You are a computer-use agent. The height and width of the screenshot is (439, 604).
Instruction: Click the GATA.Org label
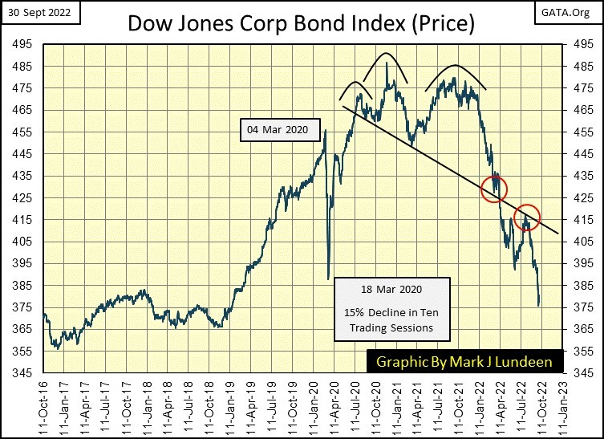(575, 12)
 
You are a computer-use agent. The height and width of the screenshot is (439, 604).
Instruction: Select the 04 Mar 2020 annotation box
(278, 129)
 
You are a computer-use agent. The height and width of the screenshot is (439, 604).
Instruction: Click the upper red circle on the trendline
(495, 189)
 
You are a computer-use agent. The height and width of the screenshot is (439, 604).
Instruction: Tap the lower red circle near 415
(527, 217)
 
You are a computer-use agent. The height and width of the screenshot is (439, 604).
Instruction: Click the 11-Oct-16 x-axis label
(46, 406)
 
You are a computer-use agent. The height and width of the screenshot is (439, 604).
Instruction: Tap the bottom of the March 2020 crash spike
(328, 278)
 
